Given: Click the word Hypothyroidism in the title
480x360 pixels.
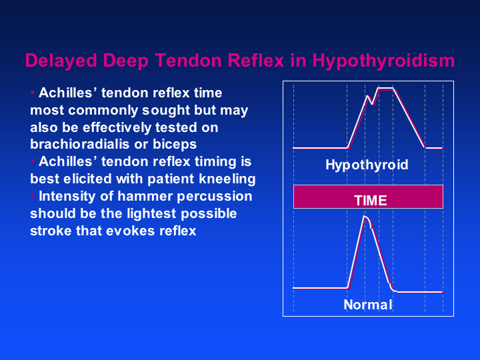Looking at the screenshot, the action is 383,61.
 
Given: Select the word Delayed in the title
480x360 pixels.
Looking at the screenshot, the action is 61,61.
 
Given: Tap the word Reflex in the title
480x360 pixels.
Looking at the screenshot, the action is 256,60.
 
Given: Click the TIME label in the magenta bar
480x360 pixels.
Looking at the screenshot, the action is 371,201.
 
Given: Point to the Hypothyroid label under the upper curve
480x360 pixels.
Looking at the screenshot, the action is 367,165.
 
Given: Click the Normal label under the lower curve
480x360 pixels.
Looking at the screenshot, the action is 367,305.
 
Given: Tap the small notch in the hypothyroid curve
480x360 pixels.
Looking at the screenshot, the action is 372,104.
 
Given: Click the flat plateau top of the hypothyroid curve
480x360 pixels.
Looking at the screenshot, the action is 386,89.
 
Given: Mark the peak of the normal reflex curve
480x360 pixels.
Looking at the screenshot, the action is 364,217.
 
